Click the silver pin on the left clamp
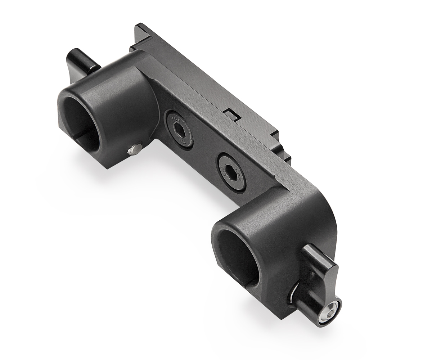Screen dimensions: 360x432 click(135, 149)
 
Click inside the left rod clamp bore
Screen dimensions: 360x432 click(81, 122)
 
